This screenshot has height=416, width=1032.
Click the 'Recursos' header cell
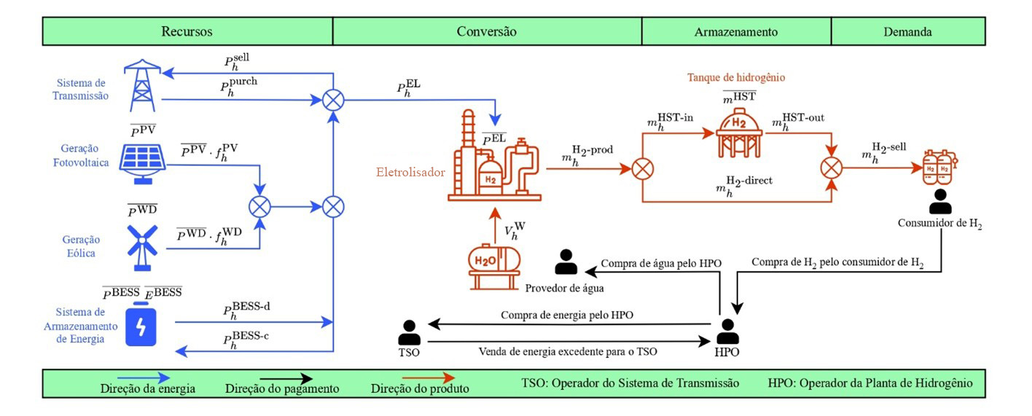point(187,32)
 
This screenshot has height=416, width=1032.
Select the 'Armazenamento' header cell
point(736,32)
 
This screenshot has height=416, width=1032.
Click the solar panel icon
point(143,164)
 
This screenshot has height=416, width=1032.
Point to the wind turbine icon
point(143,245)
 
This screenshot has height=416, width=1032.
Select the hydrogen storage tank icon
point(740,131)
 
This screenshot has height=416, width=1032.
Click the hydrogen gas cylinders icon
point(938,167)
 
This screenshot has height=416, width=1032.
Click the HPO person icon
point(726,333)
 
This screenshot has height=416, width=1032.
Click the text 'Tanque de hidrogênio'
point(737,76)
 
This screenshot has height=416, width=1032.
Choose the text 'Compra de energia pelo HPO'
point(566,315)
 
